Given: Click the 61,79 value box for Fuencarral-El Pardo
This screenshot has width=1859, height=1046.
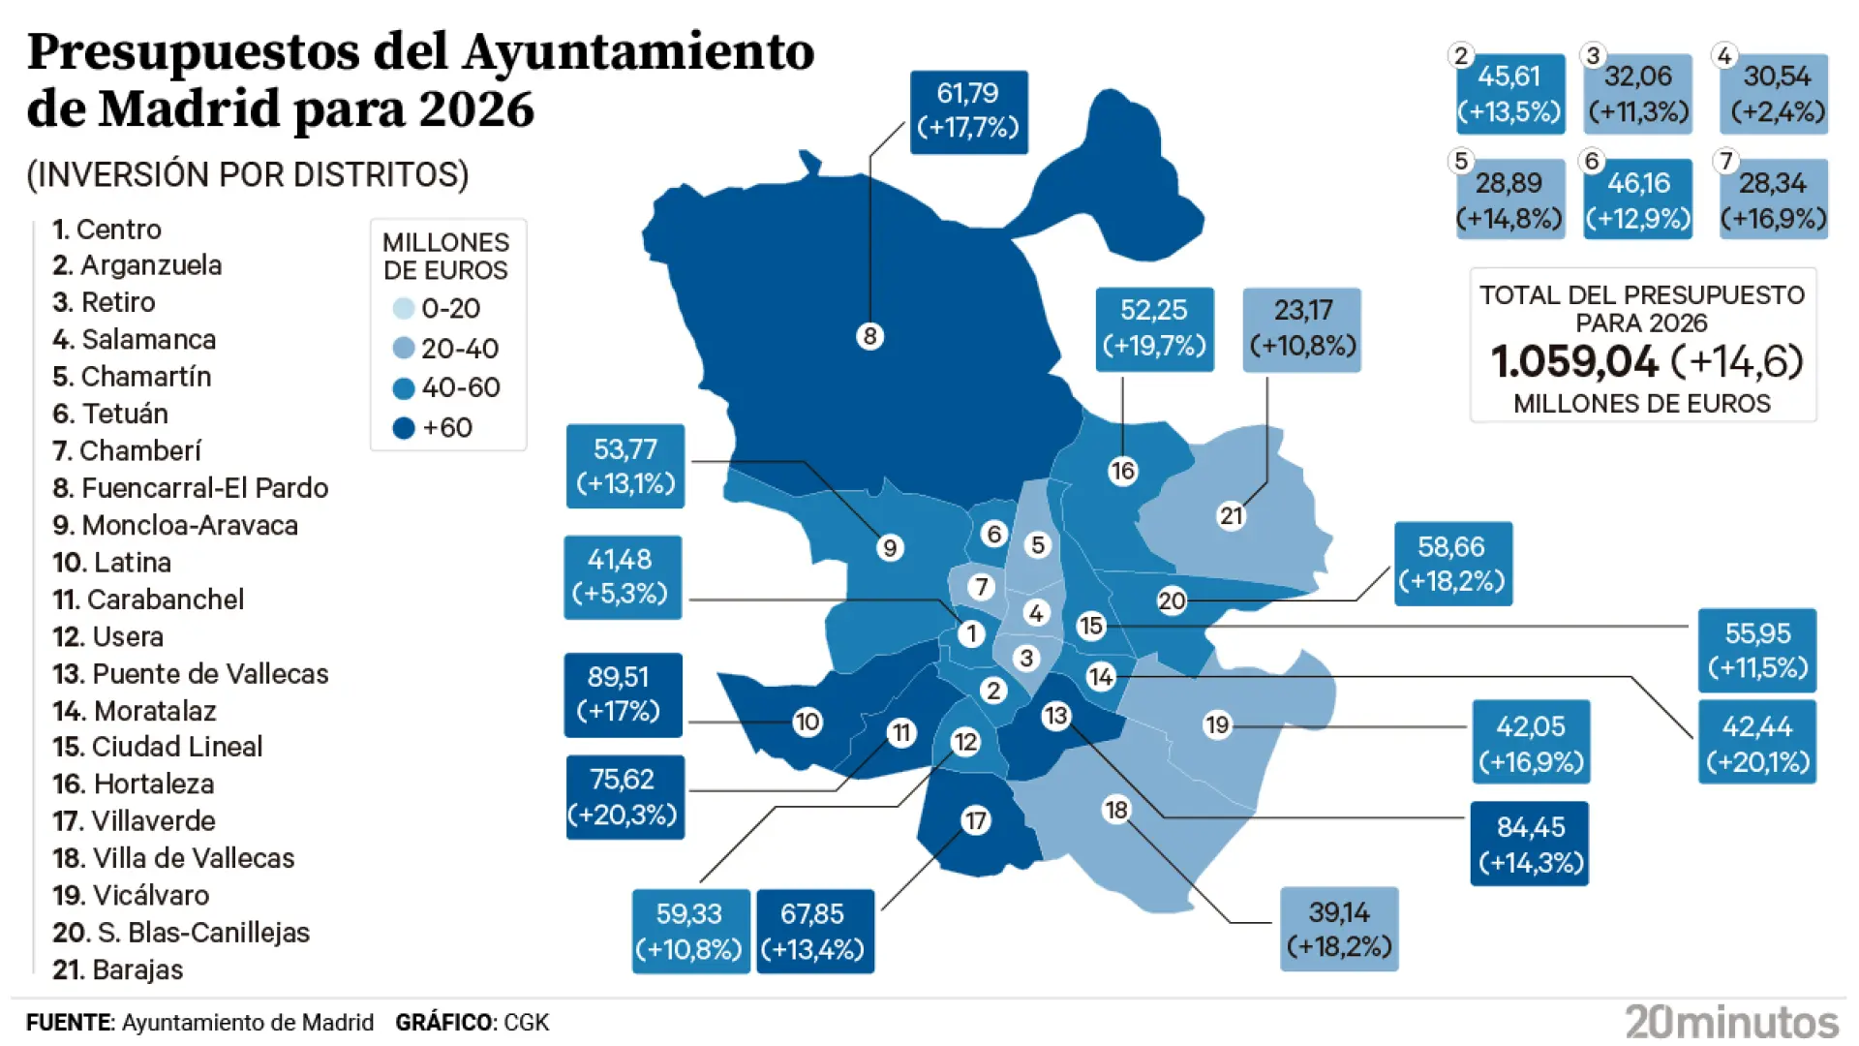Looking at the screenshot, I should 968,111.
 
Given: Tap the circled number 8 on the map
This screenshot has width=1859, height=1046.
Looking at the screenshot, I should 869,336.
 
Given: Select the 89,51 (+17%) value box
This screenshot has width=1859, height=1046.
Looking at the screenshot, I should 624,694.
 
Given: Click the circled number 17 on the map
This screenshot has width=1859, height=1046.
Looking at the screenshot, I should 975,821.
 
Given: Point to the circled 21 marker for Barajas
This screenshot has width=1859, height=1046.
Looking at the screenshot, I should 1231,515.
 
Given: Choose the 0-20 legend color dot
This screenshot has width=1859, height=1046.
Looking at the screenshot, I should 403,309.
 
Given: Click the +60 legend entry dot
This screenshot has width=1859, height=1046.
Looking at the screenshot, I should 404,428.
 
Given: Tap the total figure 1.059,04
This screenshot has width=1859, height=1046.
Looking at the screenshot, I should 1574,362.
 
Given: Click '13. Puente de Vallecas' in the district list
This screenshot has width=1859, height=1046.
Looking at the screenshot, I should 191,674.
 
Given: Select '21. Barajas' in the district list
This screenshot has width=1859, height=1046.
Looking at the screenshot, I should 118,969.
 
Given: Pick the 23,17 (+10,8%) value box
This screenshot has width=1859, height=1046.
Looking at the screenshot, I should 1301,329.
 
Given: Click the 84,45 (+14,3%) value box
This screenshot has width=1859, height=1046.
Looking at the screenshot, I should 1530,844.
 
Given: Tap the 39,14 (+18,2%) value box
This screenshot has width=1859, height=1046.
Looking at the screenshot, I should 1339,929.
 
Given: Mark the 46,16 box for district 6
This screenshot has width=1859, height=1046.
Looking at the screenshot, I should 1638,200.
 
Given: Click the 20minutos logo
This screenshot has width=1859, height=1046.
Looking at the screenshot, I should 1731,1022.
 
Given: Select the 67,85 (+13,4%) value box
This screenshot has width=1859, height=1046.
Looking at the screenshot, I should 814,931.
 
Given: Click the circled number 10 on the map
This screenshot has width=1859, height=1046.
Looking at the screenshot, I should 807,722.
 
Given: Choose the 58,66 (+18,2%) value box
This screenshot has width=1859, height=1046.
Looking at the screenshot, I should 1452,564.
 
